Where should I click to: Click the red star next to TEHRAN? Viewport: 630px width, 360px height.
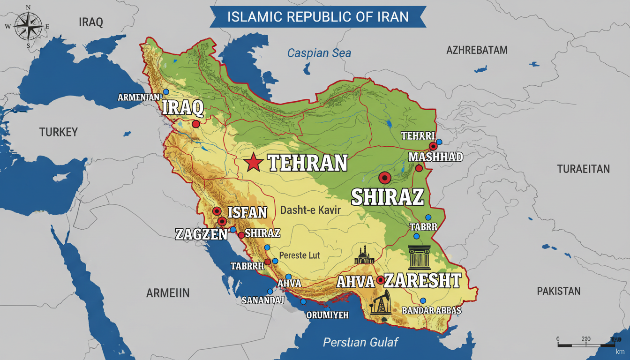tap(253, 163)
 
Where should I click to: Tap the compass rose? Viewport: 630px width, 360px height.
tap(28, 26)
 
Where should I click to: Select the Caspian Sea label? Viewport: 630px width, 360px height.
tap(319, 53)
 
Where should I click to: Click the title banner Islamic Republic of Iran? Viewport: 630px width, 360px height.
tap(318, 17)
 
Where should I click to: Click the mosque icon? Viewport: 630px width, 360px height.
tap(364, 256)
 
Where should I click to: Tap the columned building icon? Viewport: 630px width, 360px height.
tap(419, 256)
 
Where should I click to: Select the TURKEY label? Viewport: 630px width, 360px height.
tap(59, 132)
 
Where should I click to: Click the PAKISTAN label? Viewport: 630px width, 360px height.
tap(558, 291)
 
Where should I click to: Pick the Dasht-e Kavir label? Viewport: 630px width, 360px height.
tap(310, 211)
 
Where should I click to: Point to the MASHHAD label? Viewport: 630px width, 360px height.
tap(435, 157)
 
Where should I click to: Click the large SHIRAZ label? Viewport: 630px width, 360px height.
tap(387, 196)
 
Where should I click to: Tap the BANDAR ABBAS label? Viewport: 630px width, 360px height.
tap(432, 311)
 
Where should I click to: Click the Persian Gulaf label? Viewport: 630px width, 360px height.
tap(360, 343)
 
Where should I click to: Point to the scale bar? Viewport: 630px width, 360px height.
tap(586, 344)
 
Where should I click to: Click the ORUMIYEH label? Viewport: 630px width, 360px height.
tap(327, 315)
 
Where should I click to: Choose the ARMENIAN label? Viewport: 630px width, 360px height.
tap(139, 97)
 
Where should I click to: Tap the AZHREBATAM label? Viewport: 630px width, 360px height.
tap(477, 50)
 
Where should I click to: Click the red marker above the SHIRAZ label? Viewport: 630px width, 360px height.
tap(384, 178)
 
